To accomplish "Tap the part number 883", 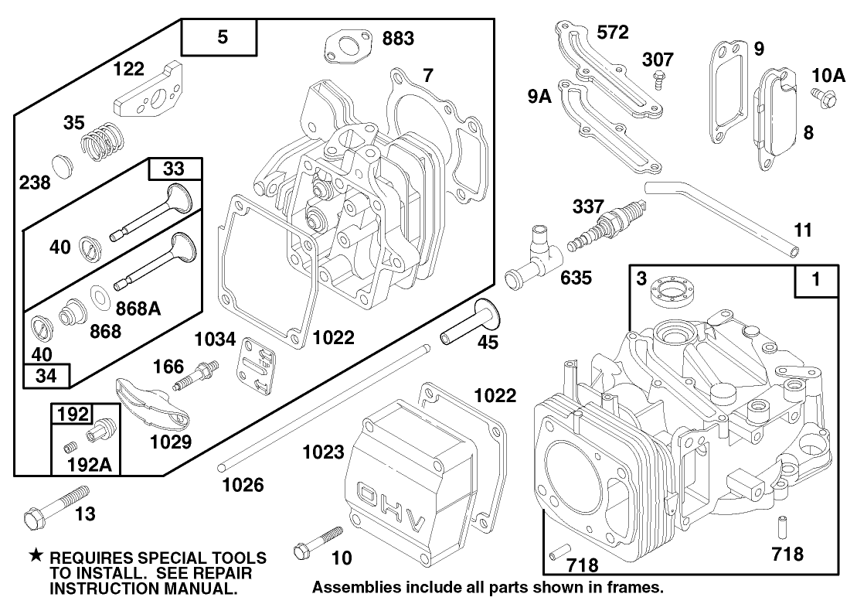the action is coord(398,39).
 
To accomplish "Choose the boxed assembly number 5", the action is coord(222,36).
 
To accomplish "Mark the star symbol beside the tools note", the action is coord(36,556).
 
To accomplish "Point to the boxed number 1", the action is coord(816,280).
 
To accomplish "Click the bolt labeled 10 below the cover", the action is coord(318,543).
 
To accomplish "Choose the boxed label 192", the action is coord(73,414).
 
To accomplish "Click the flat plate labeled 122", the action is coord(148,95).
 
